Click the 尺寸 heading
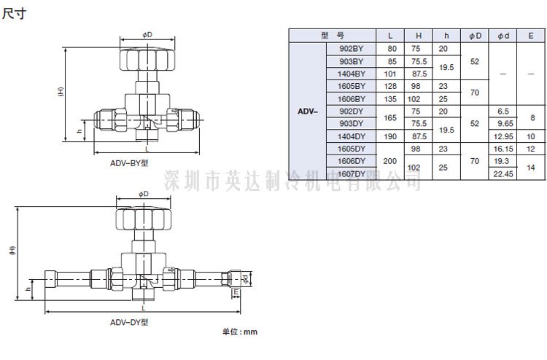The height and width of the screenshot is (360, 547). [x=14, y=14]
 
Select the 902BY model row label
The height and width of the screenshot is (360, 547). [x=352, y=48]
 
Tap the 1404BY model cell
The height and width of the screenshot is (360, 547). [x=352, y=74]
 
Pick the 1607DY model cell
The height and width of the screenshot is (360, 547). [x=352, y=173]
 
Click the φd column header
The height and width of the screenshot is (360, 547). [x=503, y=35]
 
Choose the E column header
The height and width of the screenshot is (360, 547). [x=531, y=35]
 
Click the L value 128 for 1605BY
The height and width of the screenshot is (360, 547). [x=391, y=86]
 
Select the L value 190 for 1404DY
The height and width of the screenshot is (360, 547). [x=391, y=136]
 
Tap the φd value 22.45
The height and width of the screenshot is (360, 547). [x=503, y=173]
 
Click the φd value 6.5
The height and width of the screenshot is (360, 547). [x=503, y=111]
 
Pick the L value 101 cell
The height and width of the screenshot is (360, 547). [x=391, y=74]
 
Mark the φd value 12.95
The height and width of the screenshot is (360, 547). [x=503, y=136]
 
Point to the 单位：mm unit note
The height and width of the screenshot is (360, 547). [x=240, y=332]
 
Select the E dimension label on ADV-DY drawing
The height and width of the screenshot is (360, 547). [x=237, y=292]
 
